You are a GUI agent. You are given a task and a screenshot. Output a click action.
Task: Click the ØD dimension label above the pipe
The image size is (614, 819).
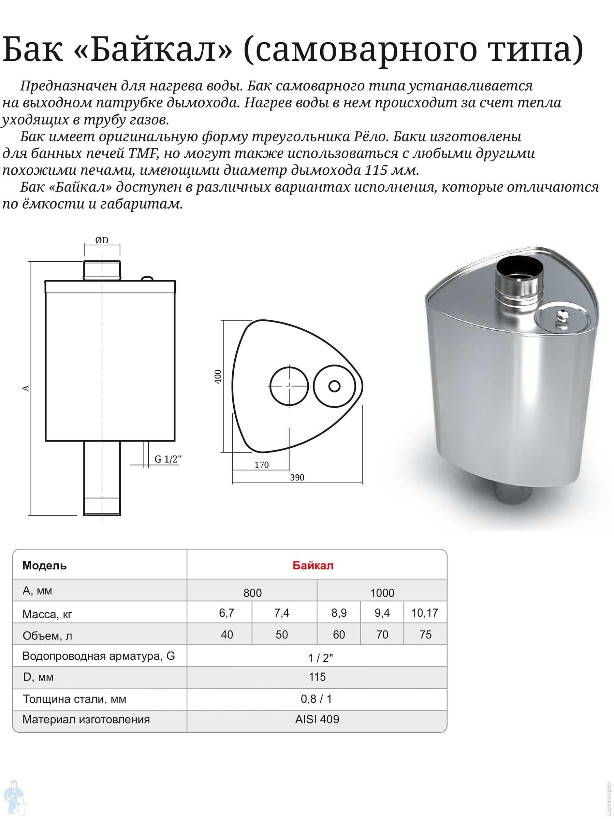(102, 241)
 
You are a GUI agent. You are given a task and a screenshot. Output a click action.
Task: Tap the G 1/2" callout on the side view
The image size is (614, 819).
(168, 459)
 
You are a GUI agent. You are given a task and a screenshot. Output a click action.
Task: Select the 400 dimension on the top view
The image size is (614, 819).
(218, 376)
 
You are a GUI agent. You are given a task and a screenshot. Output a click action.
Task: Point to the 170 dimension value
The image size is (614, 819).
(261, 465)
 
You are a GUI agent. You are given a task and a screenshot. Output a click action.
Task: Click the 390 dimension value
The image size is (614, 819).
(297, 478)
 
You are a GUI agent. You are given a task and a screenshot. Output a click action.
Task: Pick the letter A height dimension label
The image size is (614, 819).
(26, 388)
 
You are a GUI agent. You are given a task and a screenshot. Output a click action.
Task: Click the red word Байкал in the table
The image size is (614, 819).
(313, 566)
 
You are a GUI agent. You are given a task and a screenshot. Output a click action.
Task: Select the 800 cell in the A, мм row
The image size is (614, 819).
(252, 593)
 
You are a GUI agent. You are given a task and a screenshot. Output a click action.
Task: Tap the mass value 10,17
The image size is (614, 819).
(424, 613)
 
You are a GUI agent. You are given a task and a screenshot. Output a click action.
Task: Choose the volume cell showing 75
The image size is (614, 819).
(425, 635)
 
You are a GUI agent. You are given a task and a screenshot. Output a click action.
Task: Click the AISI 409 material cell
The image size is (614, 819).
(317, 719)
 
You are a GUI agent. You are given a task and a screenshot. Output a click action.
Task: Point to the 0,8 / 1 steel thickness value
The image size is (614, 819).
(317, 699)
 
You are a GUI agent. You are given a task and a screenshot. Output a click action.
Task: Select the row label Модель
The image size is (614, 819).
(45, 566)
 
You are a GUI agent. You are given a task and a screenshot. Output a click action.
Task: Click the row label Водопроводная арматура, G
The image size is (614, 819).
(99, 656)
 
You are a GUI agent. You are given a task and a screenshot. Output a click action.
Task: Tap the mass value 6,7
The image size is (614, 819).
(226, 613)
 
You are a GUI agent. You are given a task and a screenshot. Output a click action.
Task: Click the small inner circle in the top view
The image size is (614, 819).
(334, 386)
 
